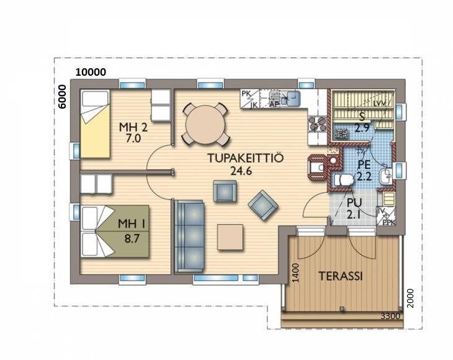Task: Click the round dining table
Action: coord(205,125)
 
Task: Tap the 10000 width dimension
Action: coord(91,72)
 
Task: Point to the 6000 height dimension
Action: coord(62,96)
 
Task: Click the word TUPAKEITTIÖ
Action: coord(246,158)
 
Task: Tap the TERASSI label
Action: coord(341,276)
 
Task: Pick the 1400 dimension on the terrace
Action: coord(295,272)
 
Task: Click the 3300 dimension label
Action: coord(390,316)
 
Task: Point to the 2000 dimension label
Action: coord(410,298)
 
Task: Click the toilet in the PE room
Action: coord(343,180)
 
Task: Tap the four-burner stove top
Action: coord(317,124)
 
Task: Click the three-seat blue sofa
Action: coord(189,236)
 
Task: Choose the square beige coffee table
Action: coord(230,237)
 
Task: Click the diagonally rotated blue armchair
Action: coord(263,205)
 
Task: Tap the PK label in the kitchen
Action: coord(246,94)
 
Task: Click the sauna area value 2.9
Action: coord(362,128)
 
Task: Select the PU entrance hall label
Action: coord(354,202)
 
